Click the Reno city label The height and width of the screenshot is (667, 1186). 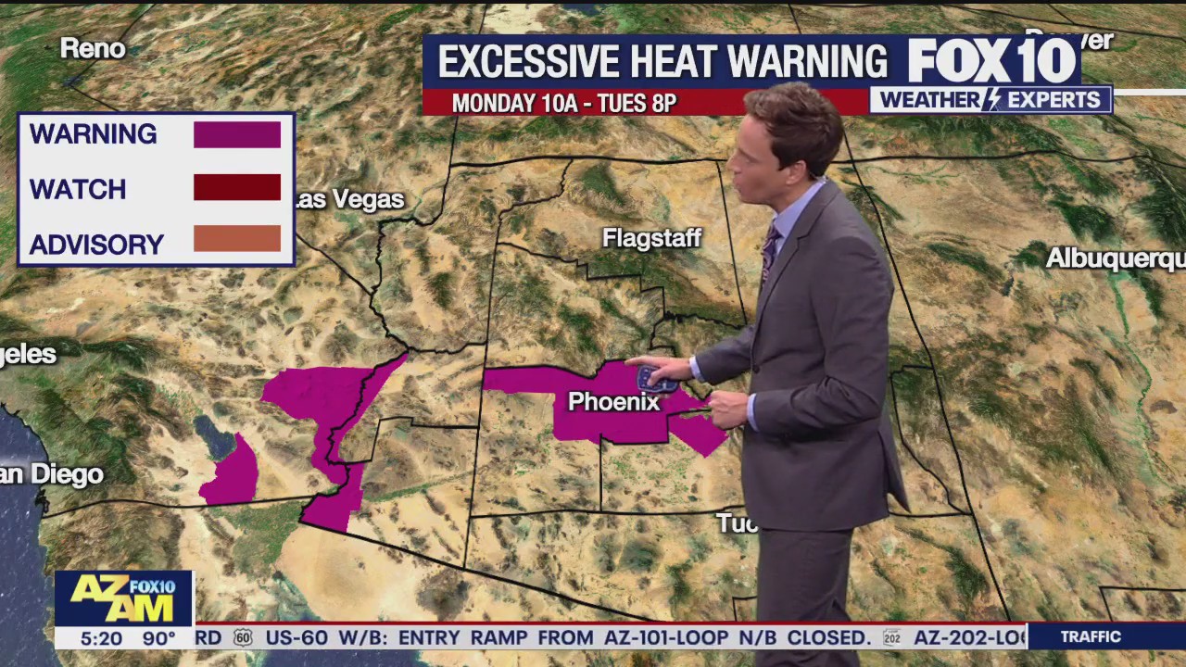pos(93,49)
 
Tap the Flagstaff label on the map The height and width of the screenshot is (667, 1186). pos(651,239)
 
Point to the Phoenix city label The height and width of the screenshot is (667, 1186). pos(612,402)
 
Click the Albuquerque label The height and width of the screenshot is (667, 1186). pos(1115,258)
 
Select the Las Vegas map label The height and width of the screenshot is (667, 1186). pos(349,200)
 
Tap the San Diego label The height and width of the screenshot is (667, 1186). pos(52,474)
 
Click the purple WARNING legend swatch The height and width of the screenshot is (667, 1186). pos(236,134)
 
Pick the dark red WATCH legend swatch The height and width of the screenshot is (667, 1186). pos(236,187)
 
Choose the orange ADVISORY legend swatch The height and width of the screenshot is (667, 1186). pos(236,239)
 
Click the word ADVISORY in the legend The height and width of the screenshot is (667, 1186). pos(96,245)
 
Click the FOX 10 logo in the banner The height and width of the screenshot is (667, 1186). pos(991,61)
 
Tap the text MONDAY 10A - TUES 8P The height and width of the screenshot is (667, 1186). pos(564,103)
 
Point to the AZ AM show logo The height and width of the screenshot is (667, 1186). pos(124,598)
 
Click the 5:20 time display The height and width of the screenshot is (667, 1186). pos(101,638)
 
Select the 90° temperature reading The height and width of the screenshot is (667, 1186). pos(159,638)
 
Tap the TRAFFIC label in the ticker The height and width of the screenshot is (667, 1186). pos(1091,637)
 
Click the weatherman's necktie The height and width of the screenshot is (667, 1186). pos(769,250)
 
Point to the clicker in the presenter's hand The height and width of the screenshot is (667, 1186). pos(655,378)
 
